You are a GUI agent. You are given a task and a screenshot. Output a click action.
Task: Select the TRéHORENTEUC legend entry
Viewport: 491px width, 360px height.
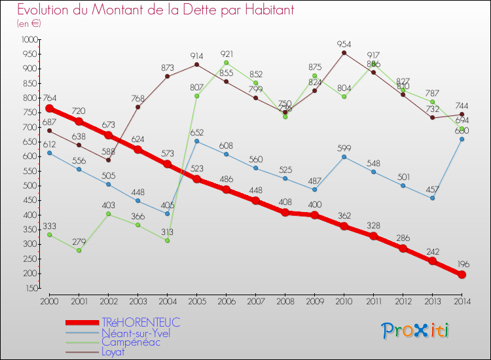pyautogui.click(x=141, y=323)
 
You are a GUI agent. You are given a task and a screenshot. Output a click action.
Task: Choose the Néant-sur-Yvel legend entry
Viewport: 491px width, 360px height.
pyautogui.click(x=136, y=333)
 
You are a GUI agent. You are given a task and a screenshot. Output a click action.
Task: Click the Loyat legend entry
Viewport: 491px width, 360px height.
pyautogui.click(x=114, y=351)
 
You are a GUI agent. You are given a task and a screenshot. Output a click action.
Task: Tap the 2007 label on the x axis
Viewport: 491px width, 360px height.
pyautogui.click(x=255, y=301)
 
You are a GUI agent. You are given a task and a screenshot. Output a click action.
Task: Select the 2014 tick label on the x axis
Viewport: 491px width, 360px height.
pyautogui.click(x=462, y=301)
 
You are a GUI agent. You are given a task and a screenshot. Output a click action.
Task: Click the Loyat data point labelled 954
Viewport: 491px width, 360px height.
pyautogui.click(x=344, y=53)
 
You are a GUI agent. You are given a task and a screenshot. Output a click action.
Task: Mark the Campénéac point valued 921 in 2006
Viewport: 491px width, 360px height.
pyautogui.click(x=226, y=63)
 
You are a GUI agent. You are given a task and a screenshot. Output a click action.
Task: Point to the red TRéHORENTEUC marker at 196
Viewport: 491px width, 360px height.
pyautogui.click(x=462, y=274)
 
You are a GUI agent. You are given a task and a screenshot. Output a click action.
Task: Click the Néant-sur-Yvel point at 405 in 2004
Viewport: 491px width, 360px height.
pyautogui.click(x=167, y=213)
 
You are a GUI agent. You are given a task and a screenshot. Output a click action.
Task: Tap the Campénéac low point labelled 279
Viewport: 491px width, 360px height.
pyautogui.click(x=79, y=250)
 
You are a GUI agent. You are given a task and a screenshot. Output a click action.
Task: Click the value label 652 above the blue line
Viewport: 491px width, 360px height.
pyautogui.click(x=197, y=132)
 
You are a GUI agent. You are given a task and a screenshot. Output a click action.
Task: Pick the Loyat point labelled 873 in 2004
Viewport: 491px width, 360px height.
pyautogui.click(x=167, y=77)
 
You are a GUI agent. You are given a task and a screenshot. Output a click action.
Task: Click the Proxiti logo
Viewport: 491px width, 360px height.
pyautogui.click(x=416, y=331)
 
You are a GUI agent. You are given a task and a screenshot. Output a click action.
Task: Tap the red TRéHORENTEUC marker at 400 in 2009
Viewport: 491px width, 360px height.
pyautogui.click(x=314, y=215)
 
